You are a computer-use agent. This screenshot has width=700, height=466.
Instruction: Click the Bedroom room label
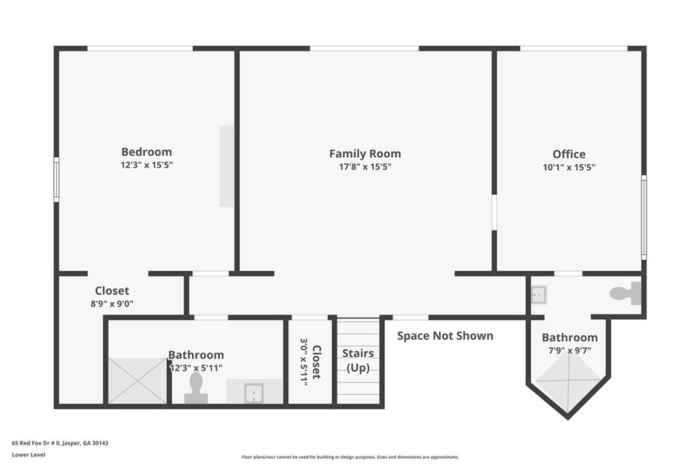coord(146,152)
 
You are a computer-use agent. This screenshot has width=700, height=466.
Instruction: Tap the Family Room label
coord(365,154)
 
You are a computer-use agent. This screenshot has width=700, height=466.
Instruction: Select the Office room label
coord(569,154)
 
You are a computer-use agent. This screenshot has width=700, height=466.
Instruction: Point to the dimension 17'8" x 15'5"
coord(365,167)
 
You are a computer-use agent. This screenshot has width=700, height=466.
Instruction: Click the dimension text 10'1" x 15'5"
coord(569,167)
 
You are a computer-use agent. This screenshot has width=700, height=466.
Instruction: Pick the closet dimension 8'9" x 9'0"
coord(112,304)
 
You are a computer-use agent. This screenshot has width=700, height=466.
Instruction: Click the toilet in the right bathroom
coord(625,294)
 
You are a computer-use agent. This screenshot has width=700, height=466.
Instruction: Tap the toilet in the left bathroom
coord(196,390)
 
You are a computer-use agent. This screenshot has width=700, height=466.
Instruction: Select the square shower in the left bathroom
coord(137,381)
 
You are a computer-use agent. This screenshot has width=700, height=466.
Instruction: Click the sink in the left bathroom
coord(254,393)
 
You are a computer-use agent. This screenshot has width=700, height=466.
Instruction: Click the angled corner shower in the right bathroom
coord(567,379)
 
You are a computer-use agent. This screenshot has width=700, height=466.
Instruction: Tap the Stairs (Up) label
coord(358,361)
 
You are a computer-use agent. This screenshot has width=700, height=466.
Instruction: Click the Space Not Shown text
coord(445,335)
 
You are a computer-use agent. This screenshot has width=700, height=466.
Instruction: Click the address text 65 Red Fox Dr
coord(60,443)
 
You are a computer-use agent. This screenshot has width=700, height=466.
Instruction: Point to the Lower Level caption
coord(29,454)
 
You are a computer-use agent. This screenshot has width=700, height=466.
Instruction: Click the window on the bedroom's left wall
coord(56,179)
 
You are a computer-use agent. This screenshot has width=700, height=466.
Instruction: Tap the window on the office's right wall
coord(643,217)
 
